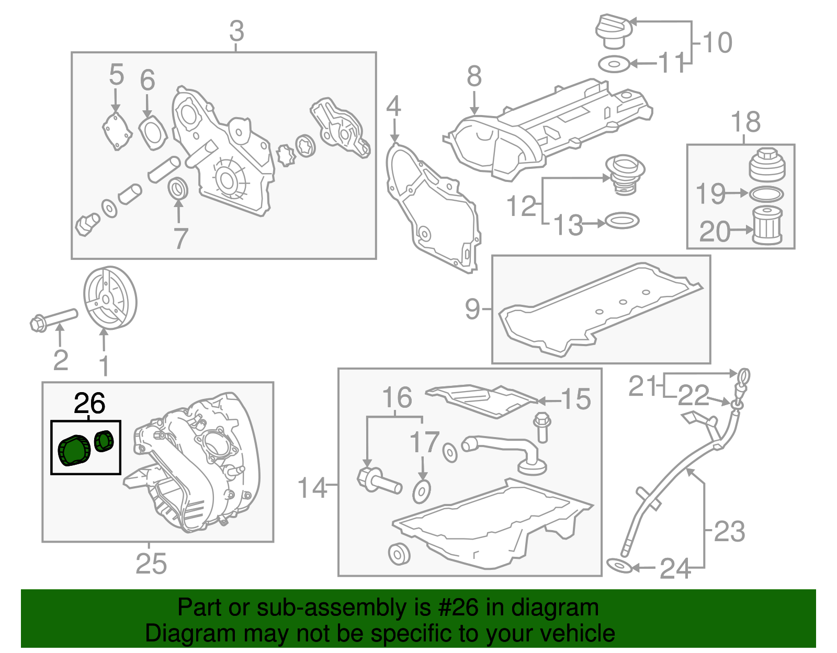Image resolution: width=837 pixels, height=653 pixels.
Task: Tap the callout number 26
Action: point(89,404)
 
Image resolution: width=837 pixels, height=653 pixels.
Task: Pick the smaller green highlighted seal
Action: point(104,440)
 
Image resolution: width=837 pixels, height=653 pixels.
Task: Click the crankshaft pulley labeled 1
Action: point(110,298)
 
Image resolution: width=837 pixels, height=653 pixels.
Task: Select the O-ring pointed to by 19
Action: point(767,194)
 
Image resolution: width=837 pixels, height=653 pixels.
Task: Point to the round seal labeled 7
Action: point(178,189)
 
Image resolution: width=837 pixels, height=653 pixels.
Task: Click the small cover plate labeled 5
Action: point(116,131)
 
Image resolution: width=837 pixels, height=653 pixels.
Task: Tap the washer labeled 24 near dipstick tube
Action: point(619,566)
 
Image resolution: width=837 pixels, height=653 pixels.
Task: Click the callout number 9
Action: point(472,308)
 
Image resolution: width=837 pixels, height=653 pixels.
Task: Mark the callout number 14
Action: point(312,487)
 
